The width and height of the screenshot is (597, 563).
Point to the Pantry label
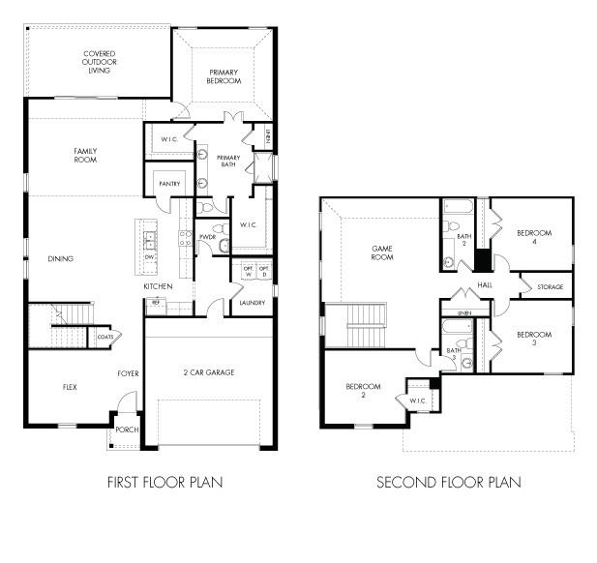[169, 183]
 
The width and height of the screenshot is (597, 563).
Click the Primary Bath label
[228, 162]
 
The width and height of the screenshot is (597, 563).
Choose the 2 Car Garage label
[208, 371]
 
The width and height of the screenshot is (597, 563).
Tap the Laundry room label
[251, 303]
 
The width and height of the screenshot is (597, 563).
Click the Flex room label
[70, 387]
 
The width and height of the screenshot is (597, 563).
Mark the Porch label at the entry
[126, 430]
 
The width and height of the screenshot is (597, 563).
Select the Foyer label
[129, 371]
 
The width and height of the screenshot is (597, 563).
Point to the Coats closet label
[105, 337]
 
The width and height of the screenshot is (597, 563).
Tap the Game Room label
[382, 253]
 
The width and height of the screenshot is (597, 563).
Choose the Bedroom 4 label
[533, 237]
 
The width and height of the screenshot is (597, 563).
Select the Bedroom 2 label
[364, 391]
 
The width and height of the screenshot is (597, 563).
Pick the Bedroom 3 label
[533, 339]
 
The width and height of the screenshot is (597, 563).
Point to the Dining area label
[61, 258]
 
